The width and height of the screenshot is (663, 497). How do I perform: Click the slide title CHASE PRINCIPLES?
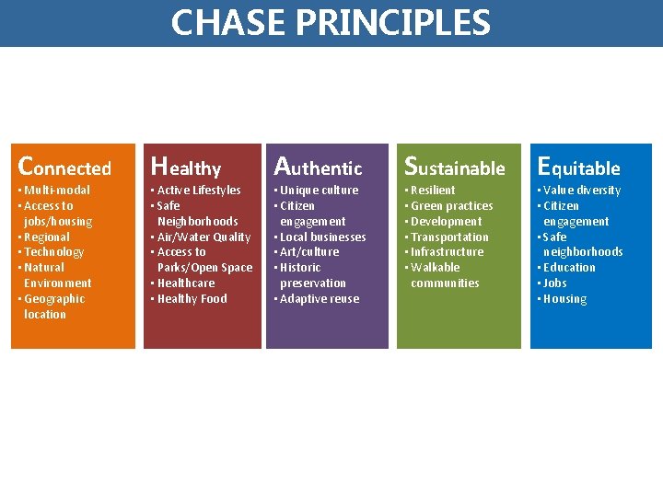click(331, 22)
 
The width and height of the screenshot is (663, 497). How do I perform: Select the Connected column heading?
click(64, 168)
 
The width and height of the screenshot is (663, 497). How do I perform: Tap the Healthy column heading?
click(186, 168)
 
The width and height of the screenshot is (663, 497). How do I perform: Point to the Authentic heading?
click(319, 168)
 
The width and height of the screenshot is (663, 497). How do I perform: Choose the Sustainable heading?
click(455, 168)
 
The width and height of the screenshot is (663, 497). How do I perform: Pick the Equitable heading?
click(579, 168)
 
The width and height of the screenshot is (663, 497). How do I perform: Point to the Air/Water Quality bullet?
click(204, 237)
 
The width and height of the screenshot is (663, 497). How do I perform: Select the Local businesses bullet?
click(322, 237)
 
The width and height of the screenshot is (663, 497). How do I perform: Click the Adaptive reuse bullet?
click(320, 299)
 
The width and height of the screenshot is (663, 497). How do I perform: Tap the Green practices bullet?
click(451, 206)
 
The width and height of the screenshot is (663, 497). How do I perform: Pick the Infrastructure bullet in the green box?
click(447, 252)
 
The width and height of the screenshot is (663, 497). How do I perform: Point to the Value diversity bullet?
click(582, 191)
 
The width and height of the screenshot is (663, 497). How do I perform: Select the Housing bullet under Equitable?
click(564, 299)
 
